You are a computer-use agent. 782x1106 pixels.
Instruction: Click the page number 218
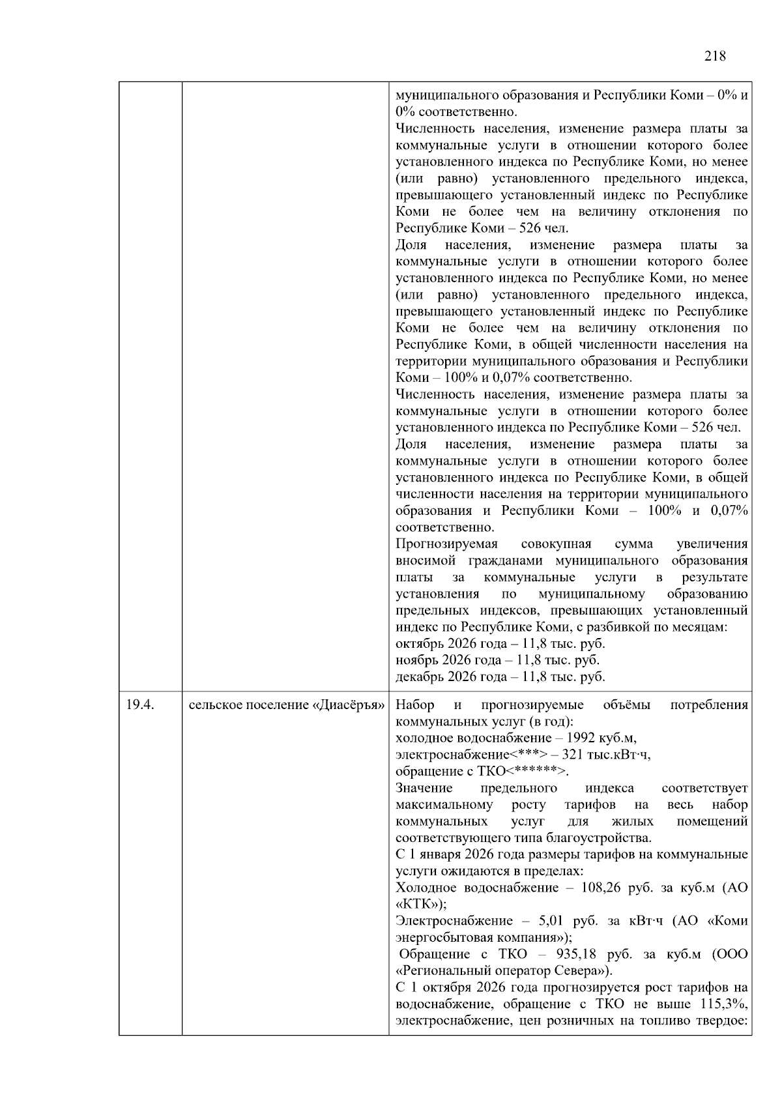715,56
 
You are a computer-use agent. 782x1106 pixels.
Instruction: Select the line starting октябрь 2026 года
500,644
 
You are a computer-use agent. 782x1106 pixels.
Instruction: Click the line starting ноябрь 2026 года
497,660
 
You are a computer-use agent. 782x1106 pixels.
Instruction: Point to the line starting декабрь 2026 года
500,677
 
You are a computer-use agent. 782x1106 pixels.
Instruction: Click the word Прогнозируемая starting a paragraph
446,544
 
